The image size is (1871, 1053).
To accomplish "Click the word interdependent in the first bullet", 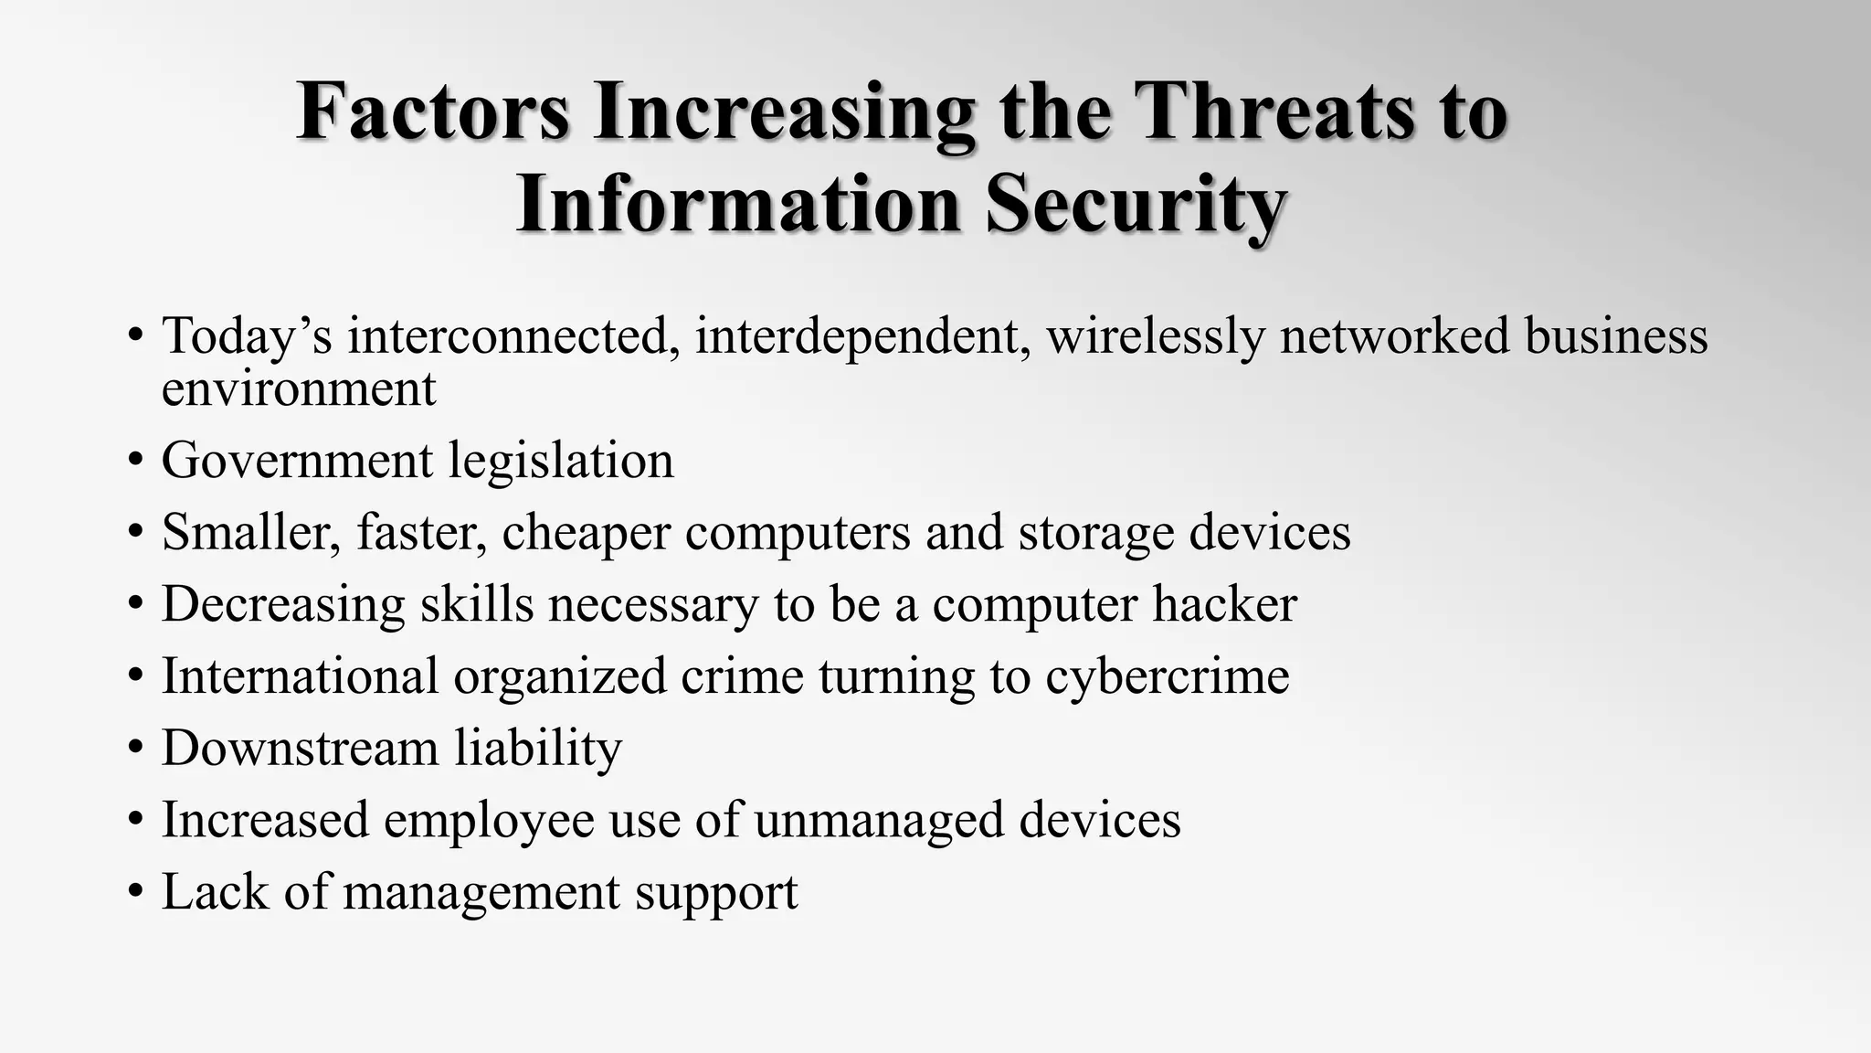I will click(862, 335).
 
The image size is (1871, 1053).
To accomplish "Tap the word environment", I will click(299, 388).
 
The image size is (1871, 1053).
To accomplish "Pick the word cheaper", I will click(586, 533).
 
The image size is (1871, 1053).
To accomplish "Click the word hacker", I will click(1224, 604).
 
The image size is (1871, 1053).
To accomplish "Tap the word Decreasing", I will click(283, 604).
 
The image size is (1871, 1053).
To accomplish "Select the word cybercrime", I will click(1167, 676).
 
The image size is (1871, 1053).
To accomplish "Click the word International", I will click(300, 676).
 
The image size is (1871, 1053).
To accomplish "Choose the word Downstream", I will click(300, 748).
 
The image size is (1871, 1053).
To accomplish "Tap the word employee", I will click(489, 820).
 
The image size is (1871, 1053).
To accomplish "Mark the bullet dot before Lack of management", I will click(136, 891).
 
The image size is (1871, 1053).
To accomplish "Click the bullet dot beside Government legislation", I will click(136, 460).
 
